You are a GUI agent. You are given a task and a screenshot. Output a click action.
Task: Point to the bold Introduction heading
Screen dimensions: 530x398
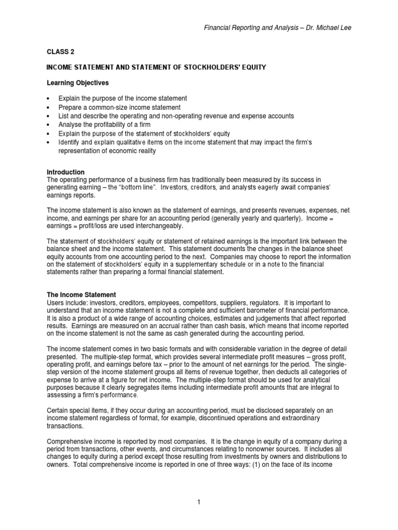coord(66,172)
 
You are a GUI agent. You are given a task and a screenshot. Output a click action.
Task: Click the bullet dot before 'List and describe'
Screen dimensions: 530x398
coord(48,116)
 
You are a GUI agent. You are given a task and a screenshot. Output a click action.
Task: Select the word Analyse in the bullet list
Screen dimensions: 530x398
coord(71,125)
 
